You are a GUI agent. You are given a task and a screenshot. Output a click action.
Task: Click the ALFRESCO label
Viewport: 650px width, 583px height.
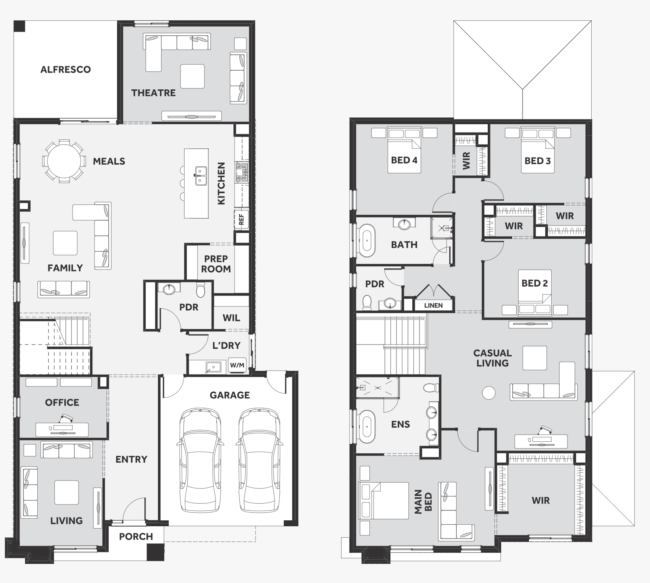coord(65,69)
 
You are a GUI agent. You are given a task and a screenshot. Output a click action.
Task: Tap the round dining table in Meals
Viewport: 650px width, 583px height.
coord(63,161)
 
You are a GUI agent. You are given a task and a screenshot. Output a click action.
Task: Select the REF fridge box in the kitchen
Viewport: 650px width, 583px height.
coord(241,219)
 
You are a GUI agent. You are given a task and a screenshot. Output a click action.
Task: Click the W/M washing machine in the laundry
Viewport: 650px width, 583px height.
coord(237,365)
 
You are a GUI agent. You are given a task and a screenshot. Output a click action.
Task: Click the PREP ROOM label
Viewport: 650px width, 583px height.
coord(216,264)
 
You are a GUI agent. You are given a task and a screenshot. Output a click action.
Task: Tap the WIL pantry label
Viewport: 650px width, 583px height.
coord(231,318)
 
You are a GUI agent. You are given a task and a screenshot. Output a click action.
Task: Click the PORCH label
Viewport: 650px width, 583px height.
coord(136,537)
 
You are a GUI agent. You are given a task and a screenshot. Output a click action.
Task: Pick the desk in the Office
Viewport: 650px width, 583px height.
coord(62,429)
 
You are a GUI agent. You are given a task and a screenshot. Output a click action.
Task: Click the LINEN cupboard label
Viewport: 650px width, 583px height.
coord(433,305)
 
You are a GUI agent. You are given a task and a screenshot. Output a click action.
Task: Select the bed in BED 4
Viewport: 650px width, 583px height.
coord(404,150)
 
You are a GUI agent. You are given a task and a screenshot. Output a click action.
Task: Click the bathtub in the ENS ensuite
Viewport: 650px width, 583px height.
coord(367,427)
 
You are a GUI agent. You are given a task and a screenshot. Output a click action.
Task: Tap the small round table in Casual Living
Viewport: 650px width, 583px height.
coord(488,393)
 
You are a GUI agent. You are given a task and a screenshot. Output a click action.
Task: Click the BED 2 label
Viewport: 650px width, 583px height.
coord(535,283)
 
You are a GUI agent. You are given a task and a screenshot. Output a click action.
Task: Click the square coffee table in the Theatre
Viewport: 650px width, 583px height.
coord(192,76)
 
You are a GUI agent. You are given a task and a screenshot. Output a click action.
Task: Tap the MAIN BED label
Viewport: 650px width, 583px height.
coord(423,502)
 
